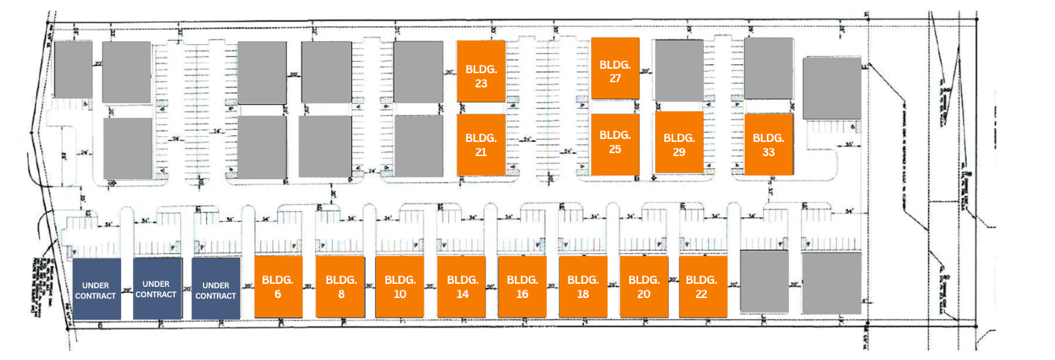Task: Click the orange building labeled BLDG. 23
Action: (480, 71)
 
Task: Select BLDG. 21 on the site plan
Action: (480, 146)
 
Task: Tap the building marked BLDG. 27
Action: (615, 68)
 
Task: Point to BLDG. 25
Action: (615, 144)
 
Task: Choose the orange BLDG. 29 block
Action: (678, 143)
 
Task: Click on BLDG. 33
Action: (768, 144)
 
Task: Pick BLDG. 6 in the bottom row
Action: (278, 287)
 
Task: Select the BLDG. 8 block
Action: (340, 287)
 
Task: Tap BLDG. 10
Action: (400, 287)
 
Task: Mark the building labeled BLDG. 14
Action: (462, 287)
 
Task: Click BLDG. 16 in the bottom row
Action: (522, 287)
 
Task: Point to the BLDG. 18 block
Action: (583, 287)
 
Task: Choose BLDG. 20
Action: (643, 287)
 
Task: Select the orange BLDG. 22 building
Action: (702, 287)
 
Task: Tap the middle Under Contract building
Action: (157, 289)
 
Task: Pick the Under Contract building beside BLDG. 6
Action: (216, 289)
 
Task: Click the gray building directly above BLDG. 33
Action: (768, 68)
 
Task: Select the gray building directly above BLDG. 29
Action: (678, 70)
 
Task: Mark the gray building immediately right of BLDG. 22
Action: (764, 281)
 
